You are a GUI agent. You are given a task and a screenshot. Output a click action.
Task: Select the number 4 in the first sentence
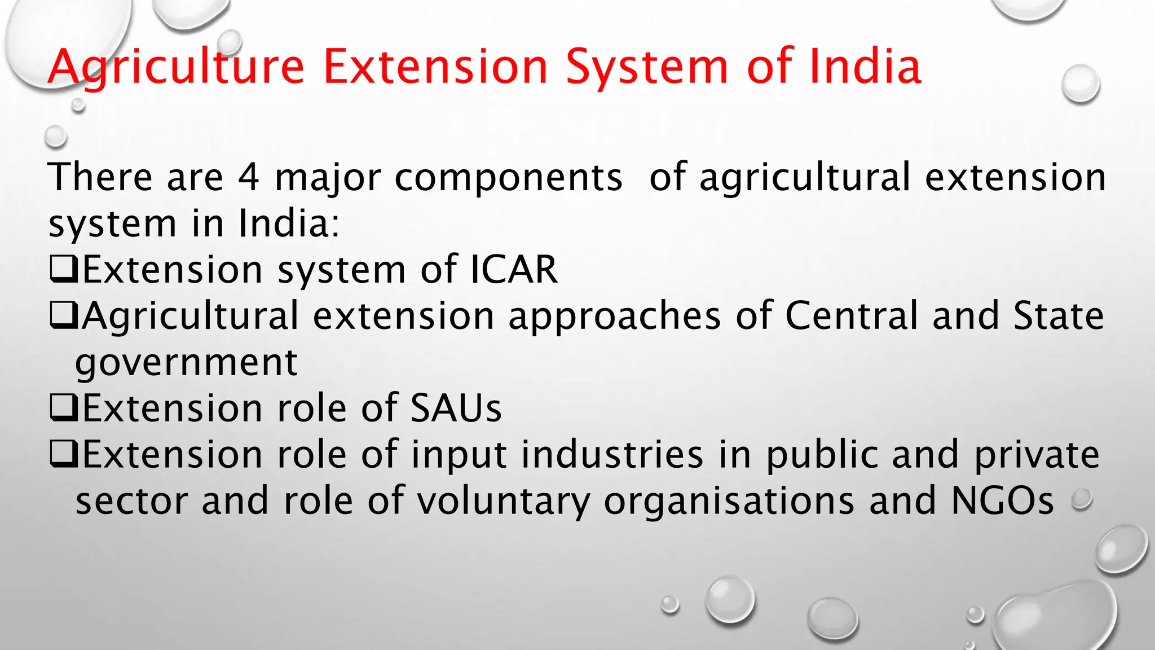click(x=248, y=177)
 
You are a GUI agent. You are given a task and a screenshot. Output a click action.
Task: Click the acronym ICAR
click(x=514, y=269)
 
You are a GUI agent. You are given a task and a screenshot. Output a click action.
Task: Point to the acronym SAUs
click(x=456, y=408)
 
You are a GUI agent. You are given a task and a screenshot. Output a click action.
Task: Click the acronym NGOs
click(x=1002, y=500)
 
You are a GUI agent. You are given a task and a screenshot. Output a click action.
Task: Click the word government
click(x=186, y=363)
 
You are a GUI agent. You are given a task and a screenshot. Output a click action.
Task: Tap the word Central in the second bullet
click(x=852, y=315)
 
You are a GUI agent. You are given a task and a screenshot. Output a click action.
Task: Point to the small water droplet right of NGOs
click(x=1082, y=499)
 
